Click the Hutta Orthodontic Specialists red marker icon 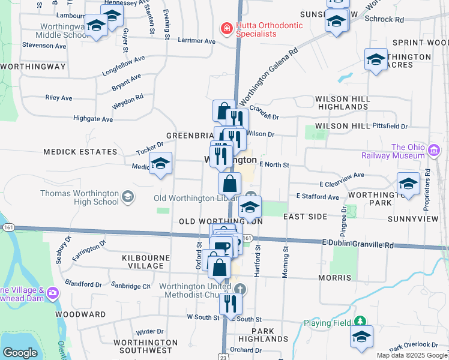coord(226,29)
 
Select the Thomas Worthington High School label coord(80,197)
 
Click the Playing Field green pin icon coord(360,322)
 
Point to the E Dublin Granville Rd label coord(358,244)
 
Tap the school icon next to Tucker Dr coord(160,163)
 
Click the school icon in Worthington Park coord(408,184)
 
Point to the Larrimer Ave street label coord(197,41)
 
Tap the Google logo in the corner coord(20,353)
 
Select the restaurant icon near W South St coord(230,304)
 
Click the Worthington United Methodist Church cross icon coord(240,289)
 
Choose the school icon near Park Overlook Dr coord(361,337)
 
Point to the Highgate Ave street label coord(93,119)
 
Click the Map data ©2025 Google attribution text coord(411,355)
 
